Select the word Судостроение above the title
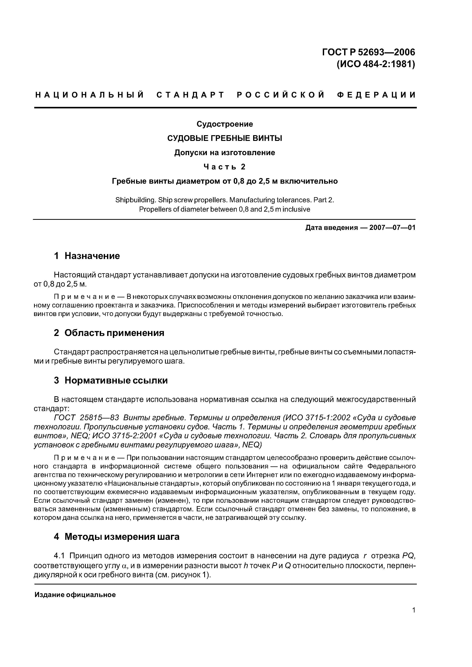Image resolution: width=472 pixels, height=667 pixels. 225,124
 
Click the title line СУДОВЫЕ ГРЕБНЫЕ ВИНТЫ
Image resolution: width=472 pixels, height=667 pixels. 225,138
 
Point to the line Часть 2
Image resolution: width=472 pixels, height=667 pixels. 225,167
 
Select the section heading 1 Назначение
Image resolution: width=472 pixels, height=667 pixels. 87,256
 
